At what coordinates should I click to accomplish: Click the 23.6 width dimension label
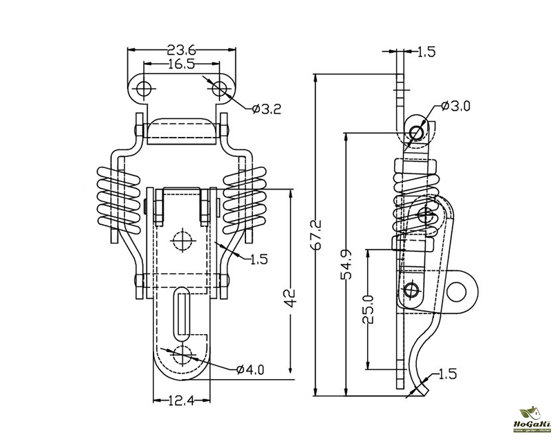coord(182,50)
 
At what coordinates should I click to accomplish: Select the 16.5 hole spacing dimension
coord(182,64)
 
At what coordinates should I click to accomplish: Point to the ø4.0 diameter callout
coord(250,369)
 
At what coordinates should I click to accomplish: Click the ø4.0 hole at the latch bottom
coord(183,353)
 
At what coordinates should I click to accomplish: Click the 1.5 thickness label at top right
coord(427,50)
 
